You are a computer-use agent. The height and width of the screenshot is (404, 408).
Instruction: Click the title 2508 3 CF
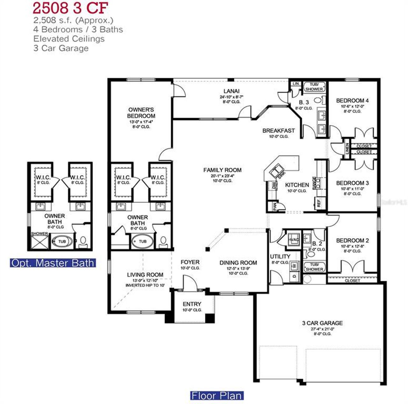70,8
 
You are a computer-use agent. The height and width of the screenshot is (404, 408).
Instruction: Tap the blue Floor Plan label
217,396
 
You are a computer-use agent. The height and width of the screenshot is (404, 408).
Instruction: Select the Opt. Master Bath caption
53,263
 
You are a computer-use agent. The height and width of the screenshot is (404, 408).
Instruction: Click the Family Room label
222,170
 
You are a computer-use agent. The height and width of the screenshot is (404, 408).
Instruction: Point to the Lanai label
231,91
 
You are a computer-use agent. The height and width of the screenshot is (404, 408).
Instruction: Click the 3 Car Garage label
322,323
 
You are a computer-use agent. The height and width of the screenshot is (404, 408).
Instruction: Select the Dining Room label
238,263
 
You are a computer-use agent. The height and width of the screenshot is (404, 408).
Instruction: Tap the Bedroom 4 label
352,100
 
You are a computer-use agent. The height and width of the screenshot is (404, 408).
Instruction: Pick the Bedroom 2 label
352,240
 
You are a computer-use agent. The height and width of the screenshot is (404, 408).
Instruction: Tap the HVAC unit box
293,239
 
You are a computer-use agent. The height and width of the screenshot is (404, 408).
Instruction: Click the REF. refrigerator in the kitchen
318,202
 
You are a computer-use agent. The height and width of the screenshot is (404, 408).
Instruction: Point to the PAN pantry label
274,207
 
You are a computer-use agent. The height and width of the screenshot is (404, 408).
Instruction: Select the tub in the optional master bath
62,242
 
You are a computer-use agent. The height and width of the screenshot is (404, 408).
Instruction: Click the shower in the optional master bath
40,241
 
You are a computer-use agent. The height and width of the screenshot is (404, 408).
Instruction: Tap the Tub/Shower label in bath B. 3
314,87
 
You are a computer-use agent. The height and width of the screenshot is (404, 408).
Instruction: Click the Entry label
192,304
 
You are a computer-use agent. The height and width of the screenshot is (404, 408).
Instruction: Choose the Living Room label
145,275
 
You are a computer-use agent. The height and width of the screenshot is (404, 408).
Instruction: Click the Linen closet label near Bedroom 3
347,148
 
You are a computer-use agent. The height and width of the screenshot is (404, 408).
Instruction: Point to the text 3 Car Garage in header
61,48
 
